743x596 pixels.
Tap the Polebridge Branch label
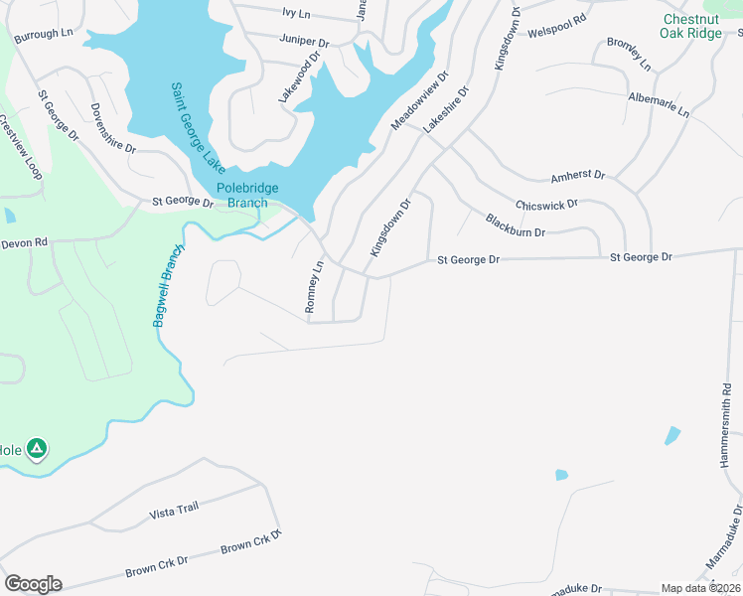click(247, 196)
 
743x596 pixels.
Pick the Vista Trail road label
click(174, 510)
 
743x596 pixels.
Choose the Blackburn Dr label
click(516, 225)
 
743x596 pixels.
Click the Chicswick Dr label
click(546, 205)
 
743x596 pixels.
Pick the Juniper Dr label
click(305, 43)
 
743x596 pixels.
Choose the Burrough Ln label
click(45, 33)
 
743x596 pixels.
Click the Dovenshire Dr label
click(112, 130)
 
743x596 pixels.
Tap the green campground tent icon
click(37, 449)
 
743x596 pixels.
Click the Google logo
click(33, 584)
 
